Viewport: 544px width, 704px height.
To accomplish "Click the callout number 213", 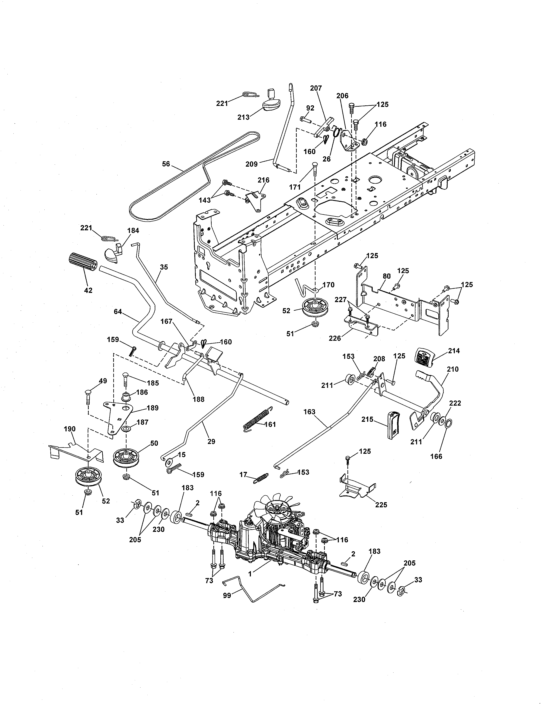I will (243, 117).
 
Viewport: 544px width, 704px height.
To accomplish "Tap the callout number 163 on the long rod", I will (309, 412).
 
